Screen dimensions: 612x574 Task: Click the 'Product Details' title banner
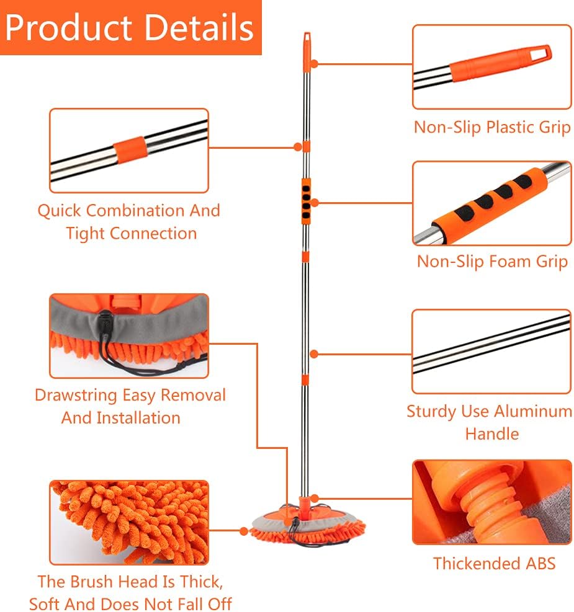coord(131,27)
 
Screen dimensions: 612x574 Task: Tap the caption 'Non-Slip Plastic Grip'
coord(492,128)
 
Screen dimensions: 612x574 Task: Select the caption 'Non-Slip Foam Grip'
coord(492,261)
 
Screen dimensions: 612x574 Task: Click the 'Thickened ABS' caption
coord(494,564)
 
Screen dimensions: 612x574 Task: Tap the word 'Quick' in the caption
coord(60,210)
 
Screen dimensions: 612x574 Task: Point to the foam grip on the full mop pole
coord(306,202)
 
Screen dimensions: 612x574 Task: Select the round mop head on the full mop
coord(307,523)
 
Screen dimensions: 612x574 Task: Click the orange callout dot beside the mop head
coord(244,531)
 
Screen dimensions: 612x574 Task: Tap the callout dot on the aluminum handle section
coord(314,354)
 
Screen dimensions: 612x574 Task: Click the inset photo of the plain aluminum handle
coord(491,352)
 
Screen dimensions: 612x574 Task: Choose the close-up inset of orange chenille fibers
coord(128,522)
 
